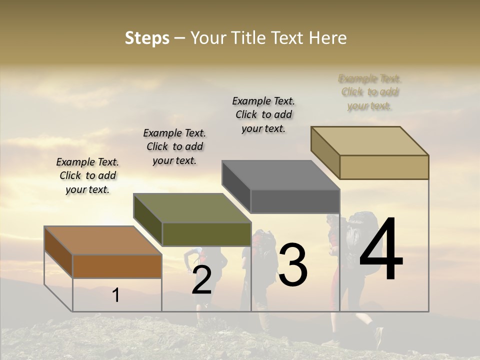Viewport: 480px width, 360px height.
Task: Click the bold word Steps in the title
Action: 147,38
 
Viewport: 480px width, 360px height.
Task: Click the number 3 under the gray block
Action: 293,265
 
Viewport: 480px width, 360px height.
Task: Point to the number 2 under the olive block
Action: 201,280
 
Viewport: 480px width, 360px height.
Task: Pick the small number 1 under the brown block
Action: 115,295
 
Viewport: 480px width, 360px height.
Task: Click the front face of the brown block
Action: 117,266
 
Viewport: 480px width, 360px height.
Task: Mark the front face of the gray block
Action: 295,201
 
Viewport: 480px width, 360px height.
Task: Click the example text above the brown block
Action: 87,175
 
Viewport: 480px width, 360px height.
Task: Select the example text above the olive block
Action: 174,146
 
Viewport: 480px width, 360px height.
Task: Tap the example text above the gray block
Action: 263,114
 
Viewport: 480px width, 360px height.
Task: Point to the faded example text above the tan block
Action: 370,92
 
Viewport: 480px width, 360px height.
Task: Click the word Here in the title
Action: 328,38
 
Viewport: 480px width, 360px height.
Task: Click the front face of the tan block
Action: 384,167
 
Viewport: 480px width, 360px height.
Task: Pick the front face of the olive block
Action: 206,234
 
